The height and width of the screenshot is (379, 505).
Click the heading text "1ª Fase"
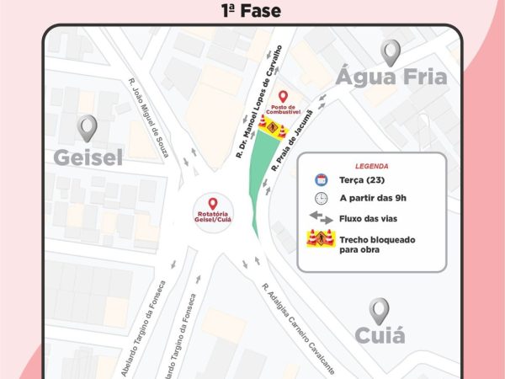click(250, 11)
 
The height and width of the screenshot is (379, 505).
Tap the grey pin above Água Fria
click(391, 52)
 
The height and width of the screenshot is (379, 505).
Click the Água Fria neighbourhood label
click(391, 78)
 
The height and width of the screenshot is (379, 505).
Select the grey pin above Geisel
click(88, 128)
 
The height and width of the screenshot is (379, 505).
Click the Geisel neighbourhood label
click(88, 157)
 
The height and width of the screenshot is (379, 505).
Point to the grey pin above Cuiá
click(380, 311)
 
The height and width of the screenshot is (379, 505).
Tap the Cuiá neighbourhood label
click(380, 337)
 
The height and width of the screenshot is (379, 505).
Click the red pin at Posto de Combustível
click(283, 97)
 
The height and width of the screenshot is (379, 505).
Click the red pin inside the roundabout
click(212, 204)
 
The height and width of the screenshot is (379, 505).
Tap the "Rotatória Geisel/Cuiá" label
click(212, 220)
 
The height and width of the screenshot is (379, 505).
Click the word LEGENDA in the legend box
click(371, 167)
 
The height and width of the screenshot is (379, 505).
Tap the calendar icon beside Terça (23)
click(321, 180)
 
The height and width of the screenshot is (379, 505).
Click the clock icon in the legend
click(321, 199)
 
